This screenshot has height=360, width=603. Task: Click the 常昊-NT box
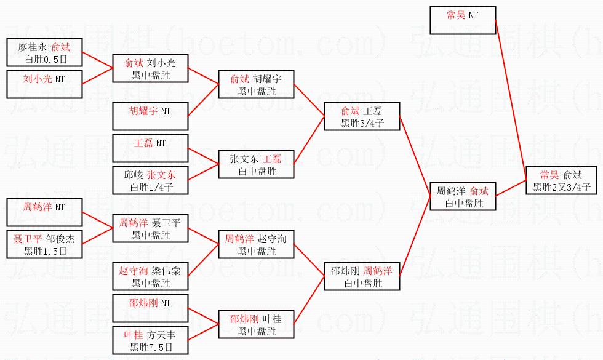[462, 19]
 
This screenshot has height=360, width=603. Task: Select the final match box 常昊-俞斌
[561, 181]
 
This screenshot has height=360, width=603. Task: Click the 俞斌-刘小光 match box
[150, 68]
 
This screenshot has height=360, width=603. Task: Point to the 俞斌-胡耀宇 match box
[256, 84]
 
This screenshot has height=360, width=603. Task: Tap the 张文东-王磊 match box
[256, 164]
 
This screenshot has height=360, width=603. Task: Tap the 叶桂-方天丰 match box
[150, 341]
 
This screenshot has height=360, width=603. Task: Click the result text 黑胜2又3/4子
[561, 187]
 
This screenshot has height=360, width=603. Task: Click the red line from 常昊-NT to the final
[511, 98]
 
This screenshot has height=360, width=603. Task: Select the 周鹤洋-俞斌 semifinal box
[462, 196]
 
